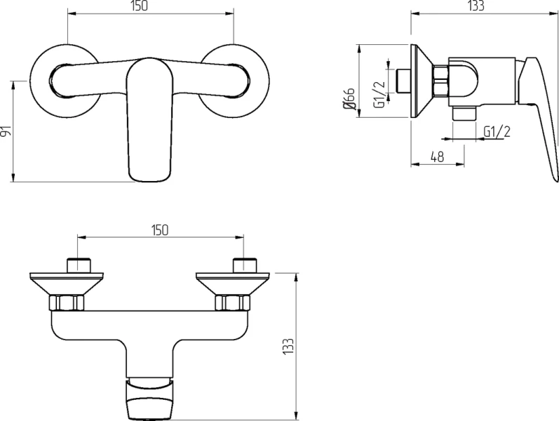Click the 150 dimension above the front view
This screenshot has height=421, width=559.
tap(139, 6)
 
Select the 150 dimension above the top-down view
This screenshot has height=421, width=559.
tap(159, 230)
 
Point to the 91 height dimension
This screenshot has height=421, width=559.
tap(6, 131)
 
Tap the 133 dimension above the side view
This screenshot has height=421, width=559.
tap(476, 6)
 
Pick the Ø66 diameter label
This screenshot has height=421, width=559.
tap(349, 98)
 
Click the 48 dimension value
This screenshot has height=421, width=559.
tap(437, 156)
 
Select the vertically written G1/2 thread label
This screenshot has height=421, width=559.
tap(379, 95)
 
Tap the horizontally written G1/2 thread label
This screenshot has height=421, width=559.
tap(497, 131)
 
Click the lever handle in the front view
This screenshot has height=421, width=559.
tap(149, 120)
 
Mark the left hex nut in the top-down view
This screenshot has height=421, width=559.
tap(67, 303)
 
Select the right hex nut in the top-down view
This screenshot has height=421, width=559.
tap(232, 303)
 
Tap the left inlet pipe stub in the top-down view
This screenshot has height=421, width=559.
tap(79, 265)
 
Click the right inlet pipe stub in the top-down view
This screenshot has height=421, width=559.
tap(244, 265)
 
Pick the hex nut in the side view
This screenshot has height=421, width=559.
tap(440, 81)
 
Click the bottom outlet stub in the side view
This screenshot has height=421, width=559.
tap(464, 114)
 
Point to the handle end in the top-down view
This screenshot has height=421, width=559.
tap(149, 399)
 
